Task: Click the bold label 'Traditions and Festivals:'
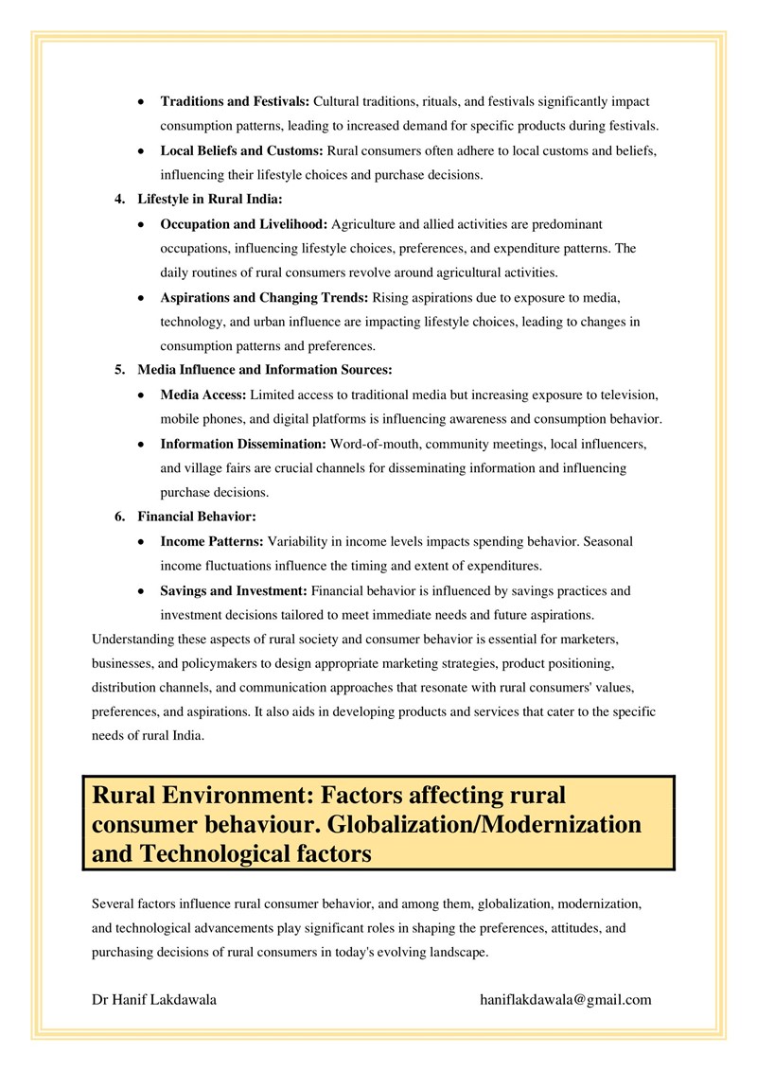tap(235, 100)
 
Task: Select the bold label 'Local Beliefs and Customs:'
tap(242, 150)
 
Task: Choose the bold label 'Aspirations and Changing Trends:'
tap(264, 298)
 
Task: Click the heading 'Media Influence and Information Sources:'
tap(264, 369)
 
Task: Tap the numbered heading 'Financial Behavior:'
tap(197, 517)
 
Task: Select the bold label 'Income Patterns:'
tap(212, 541)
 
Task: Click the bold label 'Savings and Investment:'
tap(234, 590)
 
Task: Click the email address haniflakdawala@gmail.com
tap(566, 999)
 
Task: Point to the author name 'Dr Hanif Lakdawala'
tap(154, 999)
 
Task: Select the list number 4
tap(119, 200)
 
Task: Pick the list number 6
tap(119, 517)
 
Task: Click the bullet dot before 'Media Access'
tap(141, 395)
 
